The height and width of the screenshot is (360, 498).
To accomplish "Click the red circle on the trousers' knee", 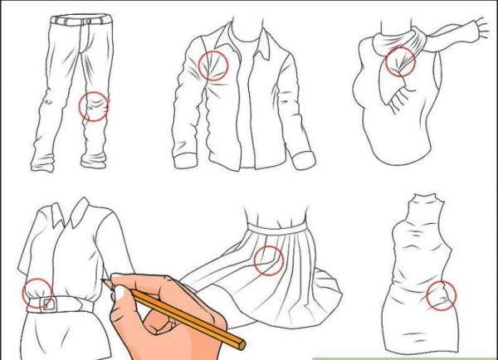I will click(93, 107).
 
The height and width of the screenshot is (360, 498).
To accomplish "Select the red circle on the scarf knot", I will click(401, 61).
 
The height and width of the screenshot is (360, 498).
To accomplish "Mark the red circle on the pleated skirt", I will click(268, 260).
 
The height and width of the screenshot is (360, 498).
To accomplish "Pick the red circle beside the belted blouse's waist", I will click(37, 293).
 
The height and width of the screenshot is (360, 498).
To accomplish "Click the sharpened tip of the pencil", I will click(104, 281).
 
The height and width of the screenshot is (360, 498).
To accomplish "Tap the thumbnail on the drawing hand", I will click(124, 293).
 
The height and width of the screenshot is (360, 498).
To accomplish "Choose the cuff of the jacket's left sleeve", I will click(183, 155).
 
